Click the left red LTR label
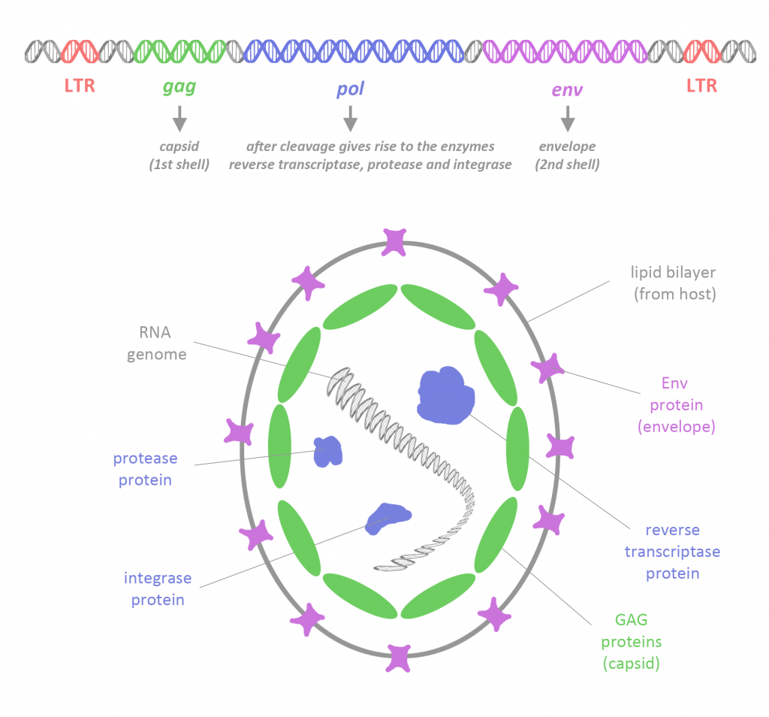[80, 86]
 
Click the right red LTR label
[701, 86]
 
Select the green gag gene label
[179, 87]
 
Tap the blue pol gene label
[349, 89]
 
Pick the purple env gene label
[567, 89]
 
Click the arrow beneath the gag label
[179, 118]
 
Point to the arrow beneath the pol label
[349, 118]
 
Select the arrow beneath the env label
[567, 118]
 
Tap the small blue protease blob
[327, 452]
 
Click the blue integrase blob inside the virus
[387, 518]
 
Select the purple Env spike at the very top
[394, 241]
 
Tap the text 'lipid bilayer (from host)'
[674, 283]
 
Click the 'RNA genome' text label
[156, 344]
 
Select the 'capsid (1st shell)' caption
[179, 156]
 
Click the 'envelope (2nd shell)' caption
[567, 156]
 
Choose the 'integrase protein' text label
[158, 588]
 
